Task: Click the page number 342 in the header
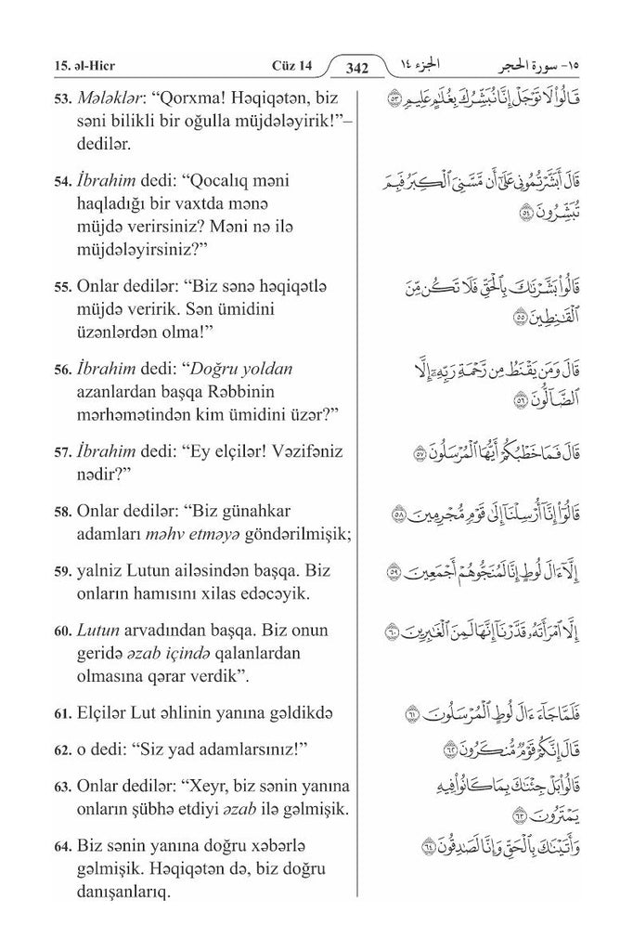(356, 67)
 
